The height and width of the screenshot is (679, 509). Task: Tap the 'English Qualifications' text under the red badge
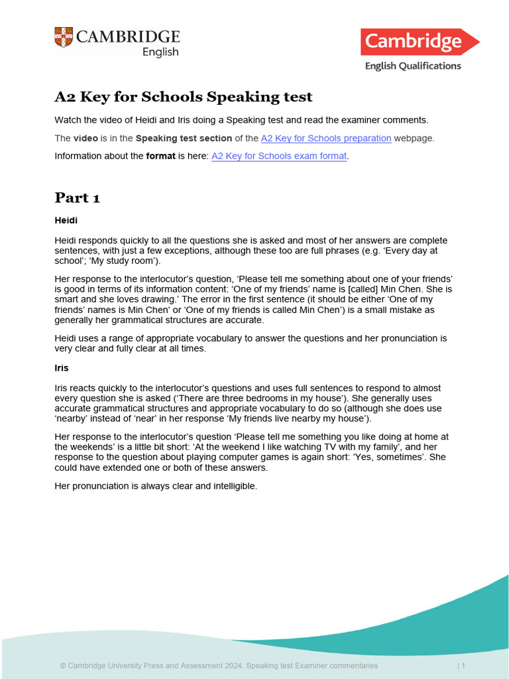pyautogui.click(x=413, y=66)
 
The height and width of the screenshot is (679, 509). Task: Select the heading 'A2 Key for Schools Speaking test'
pyautogui.click(x=183, y=97)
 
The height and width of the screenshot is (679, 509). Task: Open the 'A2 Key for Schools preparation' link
pyautogui.click(x=326, y=139)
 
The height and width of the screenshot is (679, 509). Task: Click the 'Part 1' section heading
pyautogui.click(x=77, y=198)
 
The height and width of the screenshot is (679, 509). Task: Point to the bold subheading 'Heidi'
pyautogui.click(x=66, y=219)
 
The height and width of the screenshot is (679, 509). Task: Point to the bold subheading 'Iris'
pyautogui.click(x=62, y=367)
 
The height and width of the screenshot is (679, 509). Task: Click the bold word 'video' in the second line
pyautogui.click(x=85, y=139)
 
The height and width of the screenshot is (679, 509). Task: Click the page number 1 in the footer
pyautogui.click(x=463, y=665)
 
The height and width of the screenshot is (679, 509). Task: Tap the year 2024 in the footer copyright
pyautogui.click(x=231, y=665)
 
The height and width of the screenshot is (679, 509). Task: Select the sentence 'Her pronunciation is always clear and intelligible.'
pyautogui.click(x=155, y=486)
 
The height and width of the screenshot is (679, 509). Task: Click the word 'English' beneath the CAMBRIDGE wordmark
pyautogui.click(x=160, y=52)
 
